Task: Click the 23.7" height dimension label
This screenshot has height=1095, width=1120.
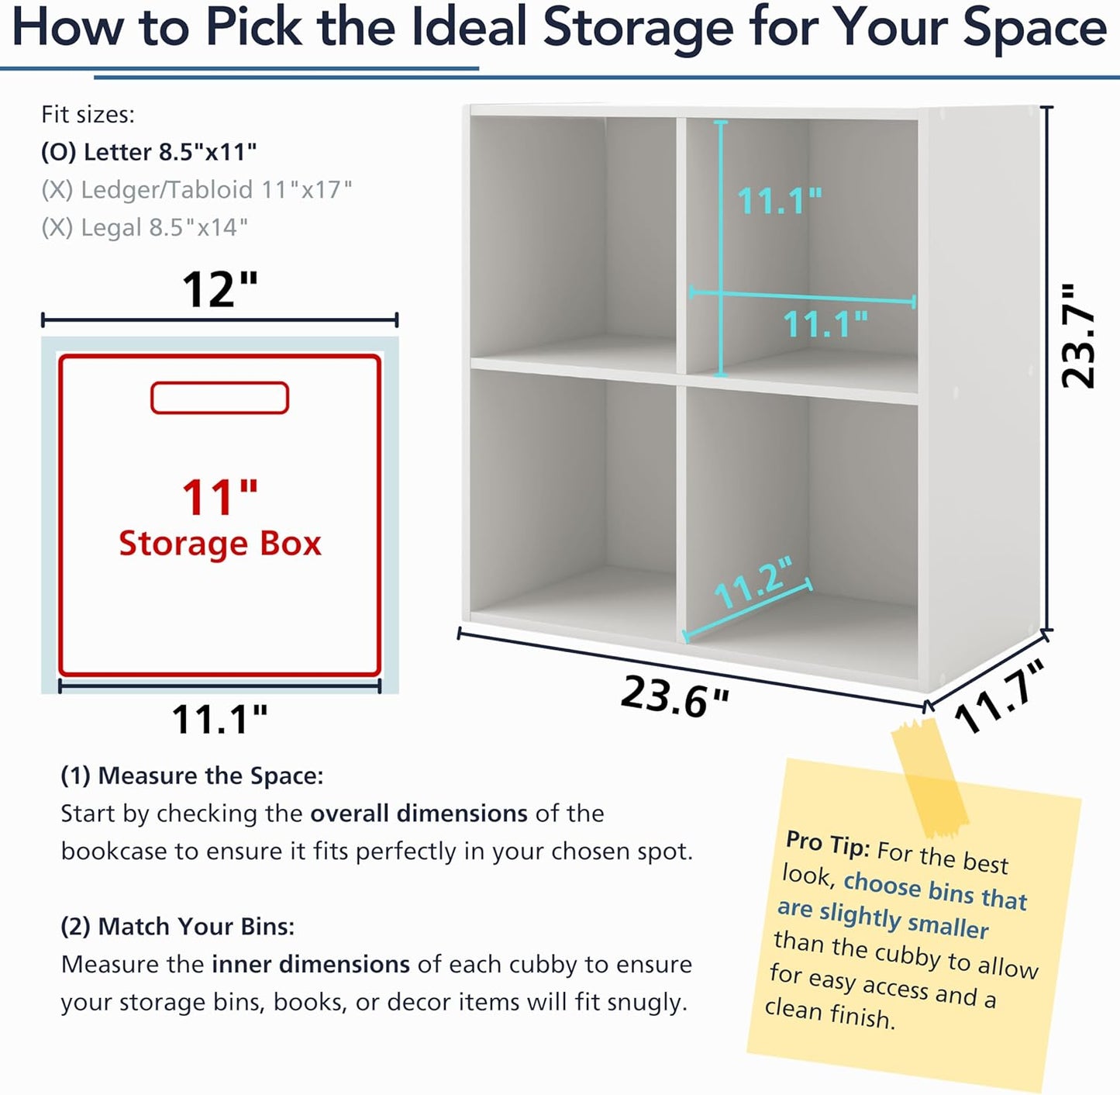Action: [1079, 337]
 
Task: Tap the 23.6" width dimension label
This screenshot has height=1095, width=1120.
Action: [675, 697]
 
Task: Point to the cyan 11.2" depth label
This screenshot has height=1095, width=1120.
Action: [753, 582]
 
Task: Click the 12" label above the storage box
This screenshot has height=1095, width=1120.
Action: [220, 289]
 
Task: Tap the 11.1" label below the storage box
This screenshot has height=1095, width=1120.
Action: [220, 720]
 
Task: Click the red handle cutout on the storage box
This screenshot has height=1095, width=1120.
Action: [219, 398]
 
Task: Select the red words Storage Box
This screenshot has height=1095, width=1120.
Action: [220, 544]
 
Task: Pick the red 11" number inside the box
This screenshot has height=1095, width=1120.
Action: [220, 497]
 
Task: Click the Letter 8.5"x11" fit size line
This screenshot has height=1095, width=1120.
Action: [149, 152]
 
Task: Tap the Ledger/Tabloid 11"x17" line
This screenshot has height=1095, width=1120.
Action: [196, 190]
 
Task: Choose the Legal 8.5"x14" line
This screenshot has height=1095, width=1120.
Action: [144, 227]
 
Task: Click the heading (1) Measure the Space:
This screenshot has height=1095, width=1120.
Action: [192, 776]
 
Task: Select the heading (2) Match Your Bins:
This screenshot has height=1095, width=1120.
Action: [177, 927]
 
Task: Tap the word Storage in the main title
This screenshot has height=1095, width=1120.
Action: [638, 29]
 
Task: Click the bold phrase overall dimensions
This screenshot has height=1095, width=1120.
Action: [419, 813]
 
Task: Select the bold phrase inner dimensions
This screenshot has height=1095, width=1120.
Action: [311, 964]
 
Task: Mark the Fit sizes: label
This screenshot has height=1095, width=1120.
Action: [88, 115]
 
